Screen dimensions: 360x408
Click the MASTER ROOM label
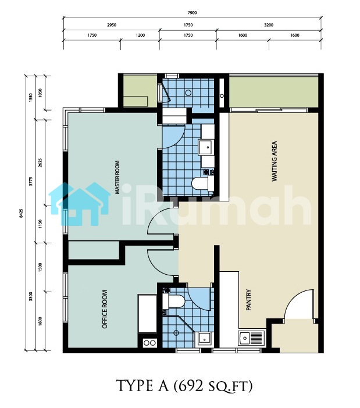tap(117, 177)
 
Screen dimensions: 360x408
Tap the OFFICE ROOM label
tap(105, 309)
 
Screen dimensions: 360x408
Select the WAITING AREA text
tap(275, 161)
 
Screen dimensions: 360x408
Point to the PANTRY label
tap(248, 300)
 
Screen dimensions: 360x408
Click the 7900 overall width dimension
tap(192, 13)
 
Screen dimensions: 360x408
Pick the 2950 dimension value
tap(112, 25)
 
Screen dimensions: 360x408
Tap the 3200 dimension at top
tap(269, 25)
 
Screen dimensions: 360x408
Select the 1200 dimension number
tap(140, 35)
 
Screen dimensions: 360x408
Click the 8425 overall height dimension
tap(22, 213)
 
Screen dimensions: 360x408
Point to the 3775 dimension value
tap(31, 181)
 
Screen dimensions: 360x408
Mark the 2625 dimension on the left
tap(40, 162)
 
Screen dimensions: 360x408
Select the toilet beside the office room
tap(173, 301)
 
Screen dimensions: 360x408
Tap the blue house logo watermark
tap(80, 204)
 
